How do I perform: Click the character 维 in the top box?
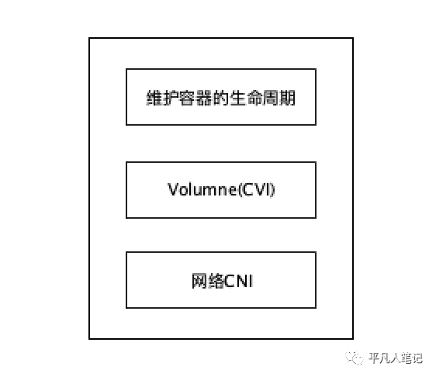(154, 98)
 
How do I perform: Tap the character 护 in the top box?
(171, 98)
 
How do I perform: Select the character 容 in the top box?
(187, 98)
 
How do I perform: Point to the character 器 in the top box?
(204, 98)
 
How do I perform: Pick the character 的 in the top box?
(220, 98)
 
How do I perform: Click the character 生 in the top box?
(237, 98)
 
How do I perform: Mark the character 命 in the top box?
(254, 98)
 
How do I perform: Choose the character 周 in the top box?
(271, 98)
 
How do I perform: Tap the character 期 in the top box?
(287, 98)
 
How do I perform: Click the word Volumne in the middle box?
(202, 189)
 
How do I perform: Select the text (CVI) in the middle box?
(256, 190)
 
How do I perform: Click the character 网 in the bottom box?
(199, 281)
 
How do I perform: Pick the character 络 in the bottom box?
(216, 281)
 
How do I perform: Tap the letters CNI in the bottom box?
(239, 281)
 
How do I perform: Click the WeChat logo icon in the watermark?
(355, 358)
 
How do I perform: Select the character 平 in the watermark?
(375, 358)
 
